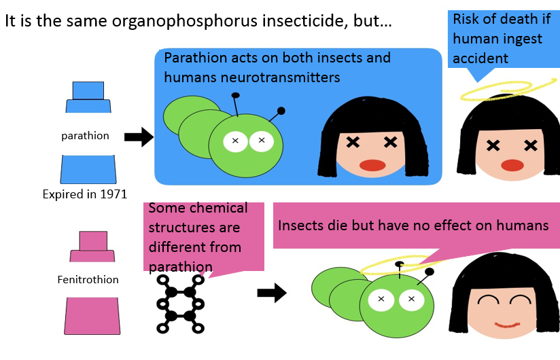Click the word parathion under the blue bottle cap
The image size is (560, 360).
pos(85,136)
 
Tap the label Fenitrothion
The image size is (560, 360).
pos(88,279)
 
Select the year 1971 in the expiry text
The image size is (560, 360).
pos(113,194)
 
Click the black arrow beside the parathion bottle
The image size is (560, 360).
pos(139,137)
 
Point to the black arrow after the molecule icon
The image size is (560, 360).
pos(272,293)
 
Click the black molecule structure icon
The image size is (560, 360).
pos(180,304)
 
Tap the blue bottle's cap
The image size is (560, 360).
pos(88,97)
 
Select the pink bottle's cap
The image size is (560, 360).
pos(92,247)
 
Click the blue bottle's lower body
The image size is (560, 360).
pos(88,169)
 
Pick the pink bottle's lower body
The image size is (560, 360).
pos(92,316)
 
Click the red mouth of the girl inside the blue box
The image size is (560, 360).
pos(372,165)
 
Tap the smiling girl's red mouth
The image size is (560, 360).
pos(507,325)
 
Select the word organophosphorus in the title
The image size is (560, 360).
pos(184,21)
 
